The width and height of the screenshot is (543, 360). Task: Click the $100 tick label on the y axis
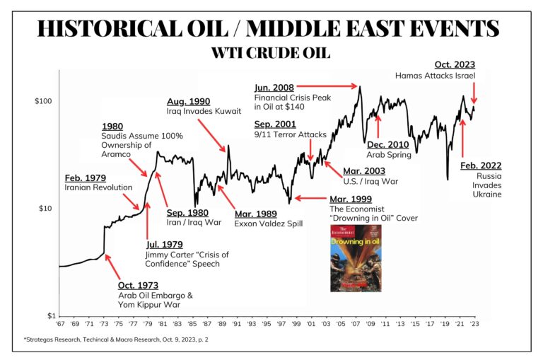tap(44, 101)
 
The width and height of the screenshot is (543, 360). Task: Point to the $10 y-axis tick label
tap(46, 209)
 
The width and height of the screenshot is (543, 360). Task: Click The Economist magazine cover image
tap(356, 259)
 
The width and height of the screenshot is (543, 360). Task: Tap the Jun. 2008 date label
tap(274, 87)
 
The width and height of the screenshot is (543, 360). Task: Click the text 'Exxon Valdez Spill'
tap(269, 223)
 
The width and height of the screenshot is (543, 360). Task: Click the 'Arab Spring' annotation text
tap(388, 153)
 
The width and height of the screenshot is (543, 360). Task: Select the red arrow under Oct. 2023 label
tap(474, 93)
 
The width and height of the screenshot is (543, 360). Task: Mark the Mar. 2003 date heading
tap(363, 170)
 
